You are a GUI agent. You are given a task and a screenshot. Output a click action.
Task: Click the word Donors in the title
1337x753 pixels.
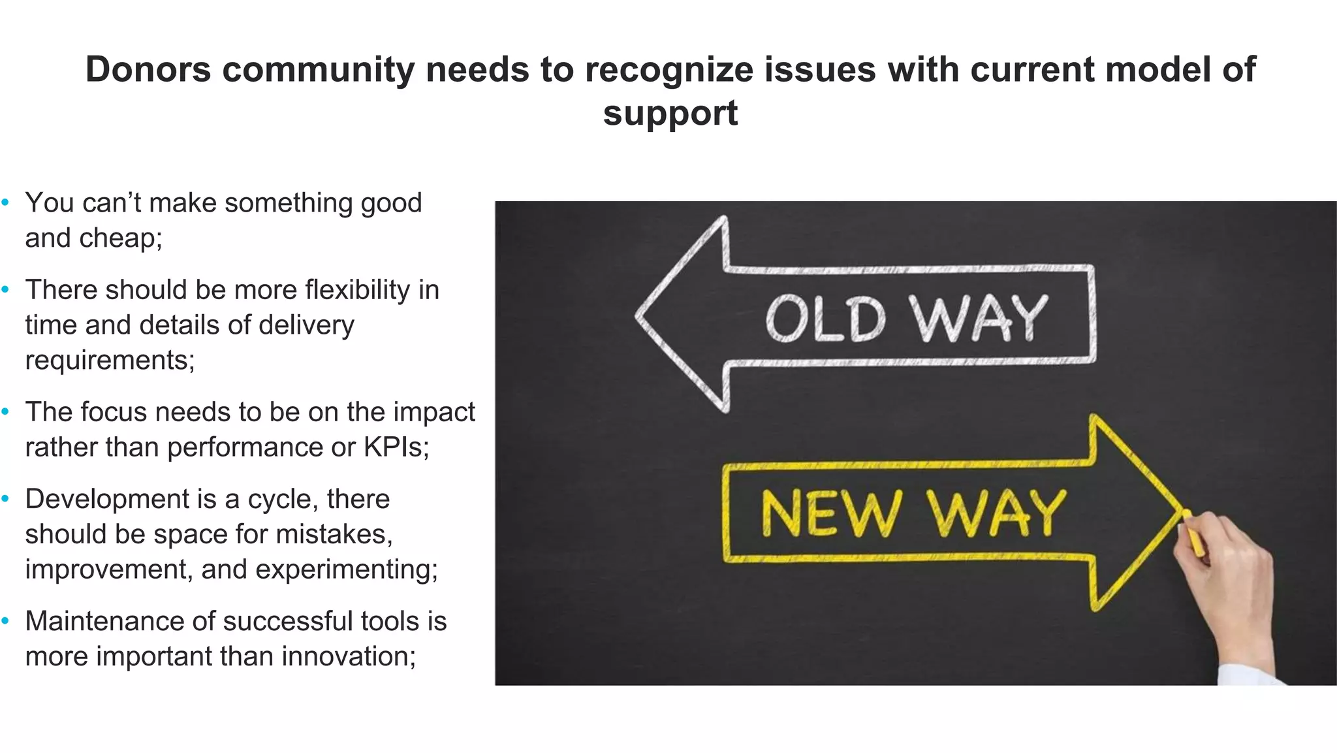click(x=148, y=69)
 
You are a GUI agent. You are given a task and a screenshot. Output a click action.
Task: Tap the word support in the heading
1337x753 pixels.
click(x=670, y=113)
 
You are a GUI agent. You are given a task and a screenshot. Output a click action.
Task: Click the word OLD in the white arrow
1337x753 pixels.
click(x=825, y=319)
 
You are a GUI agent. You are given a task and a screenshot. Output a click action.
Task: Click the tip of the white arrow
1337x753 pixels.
click(x=640, y=315)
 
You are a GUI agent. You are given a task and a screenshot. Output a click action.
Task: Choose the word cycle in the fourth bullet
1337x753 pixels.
click(x=280, y=499)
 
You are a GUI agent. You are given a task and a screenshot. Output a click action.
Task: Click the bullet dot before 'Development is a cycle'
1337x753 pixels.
click(x=6, y=500)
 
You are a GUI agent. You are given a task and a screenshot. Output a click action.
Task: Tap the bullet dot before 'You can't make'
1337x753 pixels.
click(x=6, y=203)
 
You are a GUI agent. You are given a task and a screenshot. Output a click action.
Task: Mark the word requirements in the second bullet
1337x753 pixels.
click(x=110, y=360)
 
